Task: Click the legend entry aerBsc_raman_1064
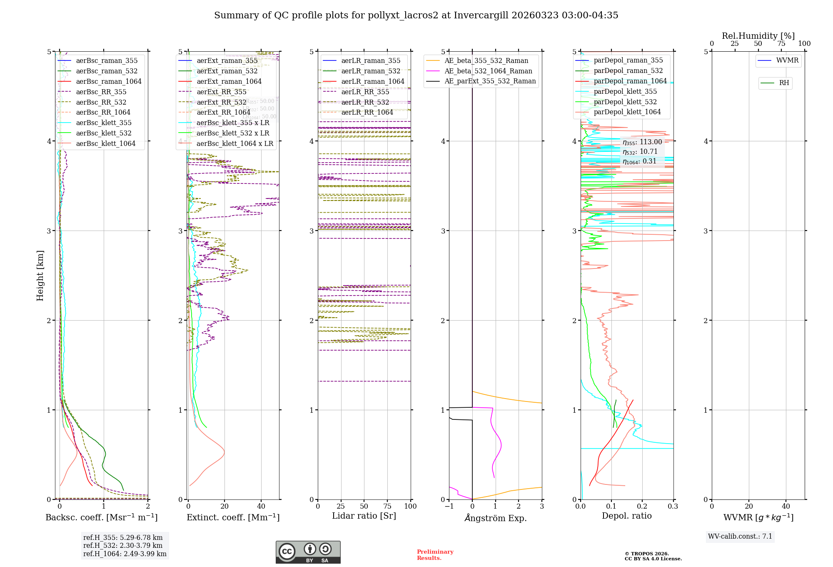point(108,82)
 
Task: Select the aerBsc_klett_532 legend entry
point(103,133)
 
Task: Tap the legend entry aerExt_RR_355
point(221,92)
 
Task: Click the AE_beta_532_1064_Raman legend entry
point(488,71)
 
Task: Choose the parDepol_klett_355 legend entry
point(625,92)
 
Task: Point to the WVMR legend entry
point(787,60)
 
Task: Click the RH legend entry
point(783,83)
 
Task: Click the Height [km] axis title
point(40,276)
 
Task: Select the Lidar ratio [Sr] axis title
point(364,516)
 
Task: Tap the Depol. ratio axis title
point(626,516)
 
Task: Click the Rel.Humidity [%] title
point(758,36)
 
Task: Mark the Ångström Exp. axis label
point(495,518)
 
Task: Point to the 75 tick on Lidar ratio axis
point(387,507)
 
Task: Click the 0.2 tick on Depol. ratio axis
point(642,507)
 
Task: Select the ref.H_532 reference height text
point(122,546)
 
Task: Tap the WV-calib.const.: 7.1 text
point(740,537)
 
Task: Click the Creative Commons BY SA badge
point(308,552)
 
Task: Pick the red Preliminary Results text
point(435,555)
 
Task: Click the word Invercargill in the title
point(481,15)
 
